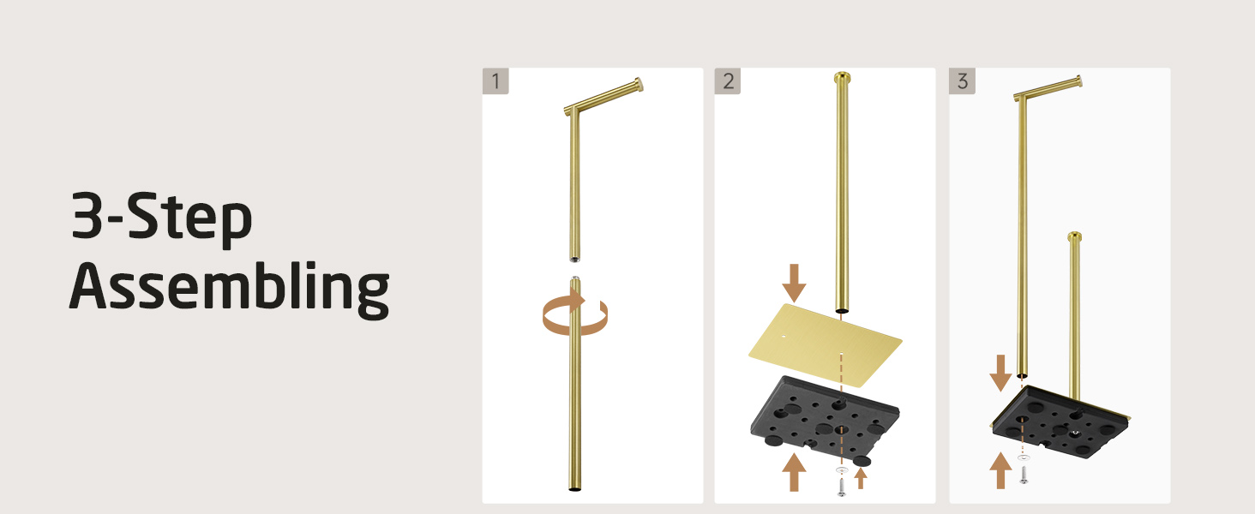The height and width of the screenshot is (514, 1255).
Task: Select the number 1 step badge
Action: coord(495,81)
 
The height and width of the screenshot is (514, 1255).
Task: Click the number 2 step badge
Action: coord(728,81)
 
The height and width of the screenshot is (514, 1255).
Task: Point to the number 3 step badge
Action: coord(962,81)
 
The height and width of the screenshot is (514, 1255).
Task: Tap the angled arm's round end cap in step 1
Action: coord(639,85)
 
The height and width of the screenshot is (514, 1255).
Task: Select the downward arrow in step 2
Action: coord(794,284)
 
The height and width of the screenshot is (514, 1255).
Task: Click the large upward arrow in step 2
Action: coord(794,472)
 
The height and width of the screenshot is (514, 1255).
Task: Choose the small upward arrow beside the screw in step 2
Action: coord(861,478)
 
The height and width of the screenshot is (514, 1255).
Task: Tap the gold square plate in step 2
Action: coord(826,345)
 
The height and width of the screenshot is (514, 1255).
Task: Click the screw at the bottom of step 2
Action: coord(841,486)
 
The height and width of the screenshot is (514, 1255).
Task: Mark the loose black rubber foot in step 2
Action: coord(862,461)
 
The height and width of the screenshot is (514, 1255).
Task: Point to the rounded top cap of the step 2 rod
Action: coord(842,76)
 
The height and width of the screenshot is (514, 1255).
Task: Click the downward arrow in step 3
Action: coord(1000,373)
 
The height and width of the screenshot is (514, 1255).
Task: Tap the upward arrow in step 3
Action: coord(1000,470)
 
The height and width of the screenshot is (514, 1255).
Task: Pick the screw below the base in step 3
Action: coord(1024,475)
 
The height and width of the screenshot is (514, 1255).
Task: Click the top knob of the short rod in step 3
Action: coord(1075,236)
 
